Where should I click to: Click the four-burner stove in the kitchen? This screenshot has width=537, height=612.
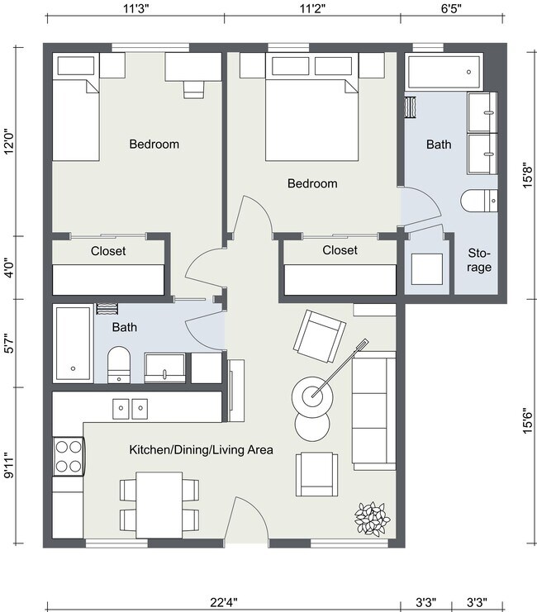point(68,456)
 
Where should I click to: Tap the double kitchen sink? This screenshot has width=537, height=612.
point(130,406)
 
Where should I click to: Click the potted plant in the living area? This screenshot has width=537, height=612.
point(371,518)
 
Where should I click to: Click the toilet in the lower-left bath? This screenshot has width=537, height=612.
point(120,363)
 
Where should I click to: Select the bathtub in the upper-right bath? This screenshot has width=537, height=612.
point(444,73)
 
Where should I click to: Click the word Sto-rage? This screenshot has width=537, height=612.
point(479,260)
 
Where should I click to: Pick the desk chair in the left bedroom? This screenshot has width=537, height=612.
point(192,86)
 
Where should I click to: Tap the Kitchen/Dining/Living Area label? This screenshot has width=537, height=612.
point(201,450)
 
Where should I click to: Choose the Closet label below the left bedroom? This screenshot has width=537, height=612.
point(108,251)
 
